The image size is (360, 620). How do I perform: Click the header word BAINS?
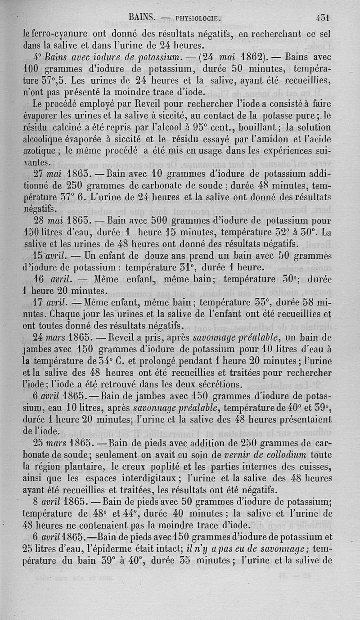point(142,18)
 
